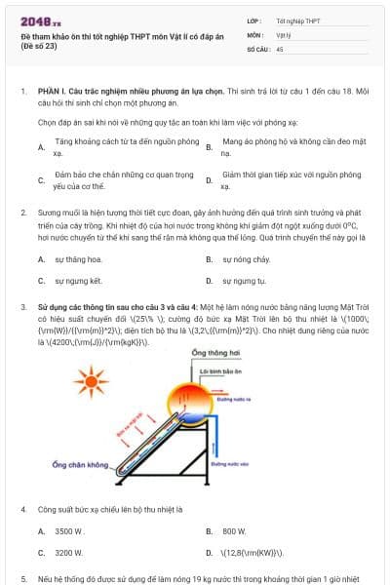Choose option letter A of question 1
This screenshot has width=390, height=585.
(41, 147)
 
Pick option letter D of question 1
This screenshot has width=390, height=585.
(210, 180)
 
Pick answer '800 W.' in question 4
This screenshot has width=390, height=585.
(235, 531)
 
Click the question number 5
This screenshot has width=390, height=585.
(22, 578)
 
